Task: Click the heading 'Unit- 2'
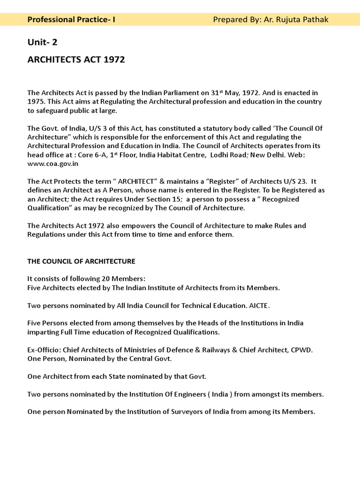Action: pyautogui.click(x=42, y=43)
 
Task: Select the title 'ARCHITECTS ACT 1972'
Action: pyautogui.click(x=76, y=60)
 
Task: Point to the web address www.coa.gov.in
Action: pyautogui.click(x=53, y=164)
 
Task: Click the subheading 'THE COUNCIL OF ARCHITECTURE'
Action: pyautogui.click(x=81, y=261)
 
